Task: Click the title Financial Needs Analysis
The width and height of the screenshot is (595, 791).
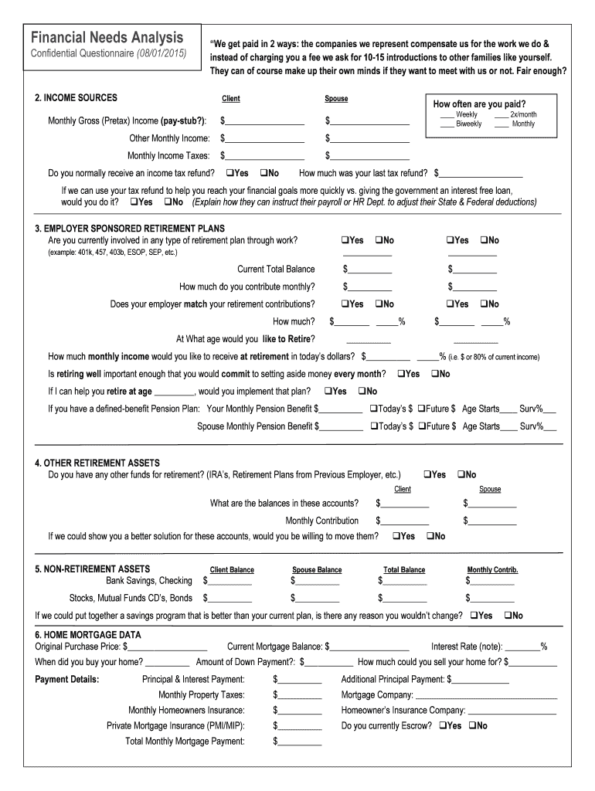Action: (x=107, y=38)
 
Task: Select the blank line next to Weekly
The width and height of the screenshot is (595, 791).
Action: (x=447, y=114)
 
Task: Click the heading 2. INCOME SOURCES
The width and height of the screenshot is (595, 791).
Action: (x=76, y=98)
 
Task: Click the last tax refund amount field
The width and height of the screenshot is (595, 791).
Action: (x=480, y=174)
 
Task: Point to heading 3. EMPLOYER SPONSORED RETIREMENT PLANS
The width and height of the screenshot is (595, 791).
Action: (x=129, y=229)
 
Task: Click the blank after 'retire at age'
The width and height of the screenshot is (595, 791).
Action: (x=174, y=392)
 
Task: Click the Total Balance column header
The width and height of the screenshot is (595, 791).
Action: (x=403, y=570)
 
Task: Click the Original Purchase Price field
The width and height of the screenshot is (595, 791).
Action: (x=168, y=647)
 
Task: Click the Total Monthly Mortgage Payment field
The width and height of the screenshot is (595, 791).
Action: (x=299, y=742)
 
